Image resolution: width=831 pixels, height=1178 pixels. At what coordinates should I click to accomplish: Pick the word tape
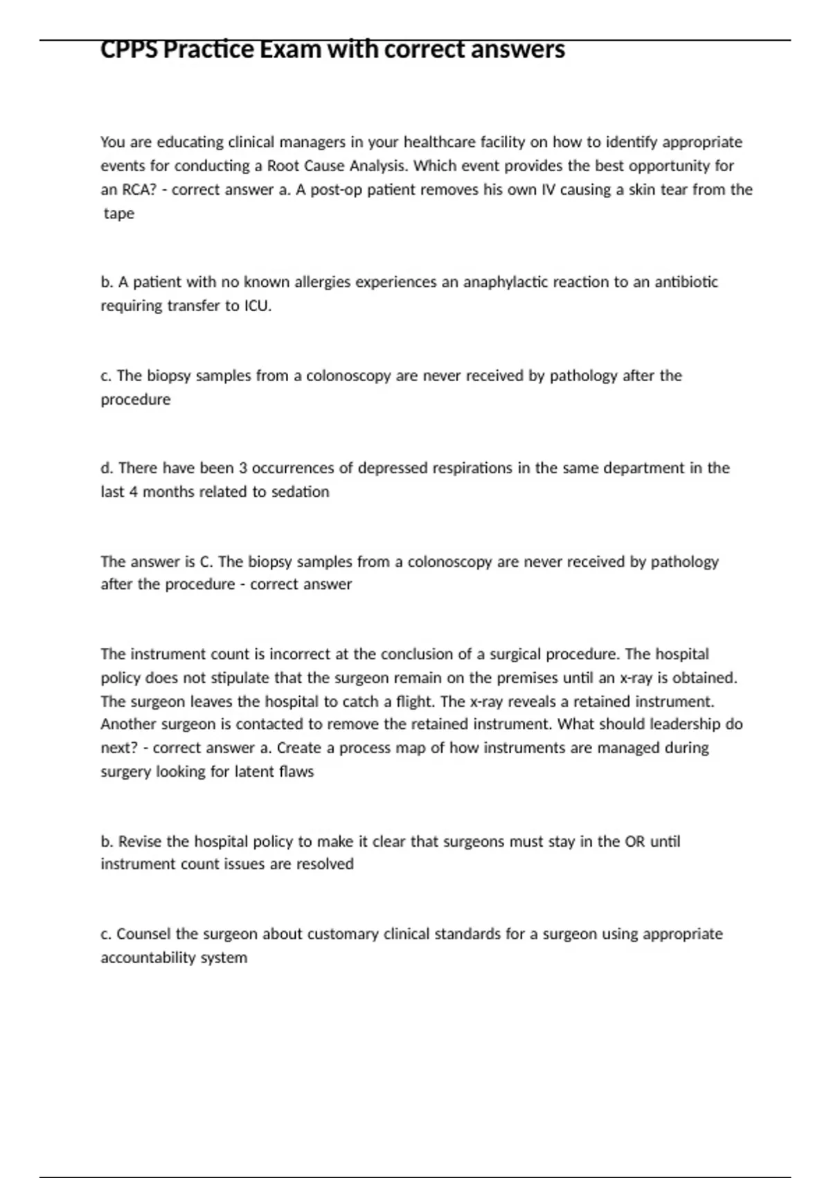point(119,213)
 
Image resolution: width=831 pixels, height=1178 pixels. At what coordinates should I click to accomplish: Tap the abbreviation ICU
point(258,306)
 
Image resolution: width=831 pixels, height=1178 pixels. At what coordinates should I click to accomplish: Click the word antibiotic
point(686,282)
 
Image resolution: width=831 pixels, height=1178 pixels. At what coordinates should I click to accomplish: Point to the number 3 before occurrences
point(243,468)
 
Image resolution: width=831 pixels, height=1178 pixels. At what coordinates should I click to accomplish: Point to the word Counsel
point(143,934)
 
